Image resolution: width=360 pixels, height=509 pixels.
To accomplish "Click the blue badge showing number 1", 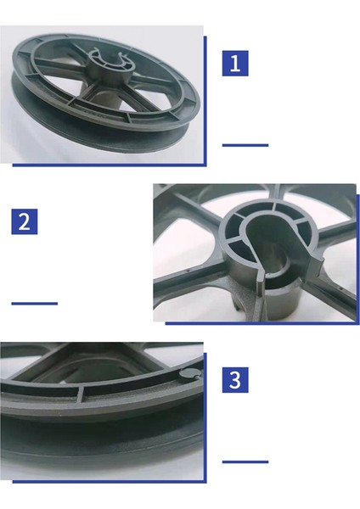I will coord(235,63).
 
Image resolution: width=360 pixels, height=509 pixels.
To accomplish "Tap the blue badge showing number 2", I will coord(25,221).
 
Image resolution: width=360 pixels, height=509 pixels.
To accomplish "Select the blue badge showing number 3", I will coord(235,379).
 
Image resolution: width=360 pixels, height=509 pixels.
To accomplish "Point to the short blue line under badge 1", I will coord(245,145).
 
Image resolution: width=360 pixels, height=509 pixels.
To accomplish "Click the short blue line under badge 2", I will coord(34,303).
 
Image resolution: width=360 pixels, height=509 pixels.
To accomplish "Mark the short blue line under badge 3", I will coord(245,462).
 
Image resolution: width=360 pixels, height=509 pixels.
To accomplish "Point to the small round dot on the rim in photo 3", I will coord(188,373).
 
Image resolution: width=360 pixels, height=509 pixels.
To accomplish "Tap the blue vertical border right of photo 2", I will coord(357,255).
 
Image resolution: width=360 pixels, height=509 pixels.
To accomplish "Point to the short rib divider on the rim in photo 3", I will coord(82,392).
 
